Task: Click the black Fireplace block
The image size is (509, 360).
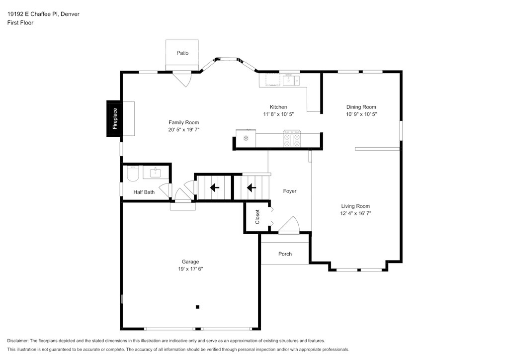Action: pos(114,118)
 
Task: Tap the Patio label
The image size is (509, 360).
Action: pos(182,53)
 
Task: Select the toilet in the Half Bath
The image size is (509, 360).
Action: pos(132,173)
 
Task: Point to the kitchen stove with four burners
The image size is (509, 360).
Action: pos(292,139)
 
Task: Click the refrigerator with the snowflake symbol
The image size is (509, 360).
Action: pos(246,138)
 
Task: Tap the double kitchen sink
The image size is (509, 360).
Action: pos(291,80)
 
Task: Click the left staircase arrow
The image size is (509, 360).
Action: pos(215,187)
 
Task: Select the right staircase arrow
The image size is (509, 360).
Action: pos(251,187)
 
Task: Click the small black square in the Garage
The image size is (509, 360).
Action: pos(197,307)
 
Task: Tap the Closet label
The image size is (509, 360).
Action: pos(257,217)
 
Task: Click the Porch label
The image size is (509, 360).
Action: pos(285,254)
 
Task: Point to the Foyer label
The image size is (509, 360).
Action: pos(290,191)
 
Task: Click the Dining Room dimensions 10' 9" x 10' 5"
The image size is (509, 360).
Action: pos(361,114)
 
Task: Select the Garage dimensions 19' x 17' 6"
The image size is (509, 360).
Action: pos(190,269)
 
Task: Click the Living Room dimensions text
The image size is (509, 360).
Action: pos(355,213)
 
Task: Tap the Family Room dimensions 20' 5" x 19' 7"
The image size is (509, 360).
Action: pos(184,129)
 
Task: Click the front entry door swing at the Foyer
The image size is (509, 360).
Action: pos(289,224)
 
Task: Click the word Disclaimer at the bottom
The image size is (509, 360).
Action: pos(17,341)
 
